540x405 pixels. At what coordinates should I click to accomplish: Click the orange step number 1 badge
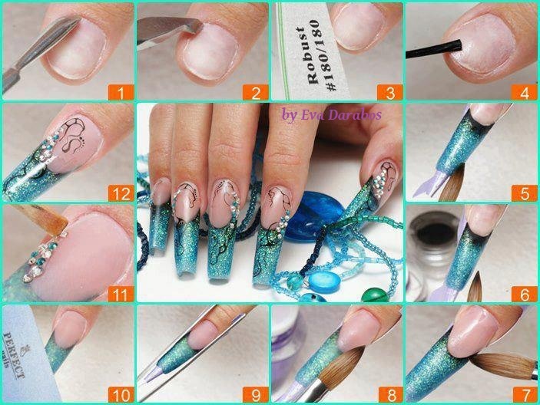tap(121, 93)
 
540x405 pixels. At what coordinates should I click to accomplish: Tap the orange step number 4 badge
tap(525, 93)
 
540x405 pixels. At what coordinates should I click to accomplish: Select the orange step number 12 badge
tap(121, 193)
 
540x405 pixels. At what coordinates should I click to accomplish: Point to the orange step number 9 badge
tap(256, 395)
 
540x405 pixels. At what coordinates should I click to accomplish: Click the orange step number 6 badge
tap(525, 295)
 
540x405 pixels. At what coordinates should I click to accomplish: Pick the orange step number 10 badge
tap(121, 395)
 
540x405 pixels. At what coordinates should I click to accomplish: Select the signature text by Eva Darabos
tap(331, 114)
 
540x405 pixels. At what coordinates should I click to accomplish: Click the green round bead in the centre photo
tap(375, 295)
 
